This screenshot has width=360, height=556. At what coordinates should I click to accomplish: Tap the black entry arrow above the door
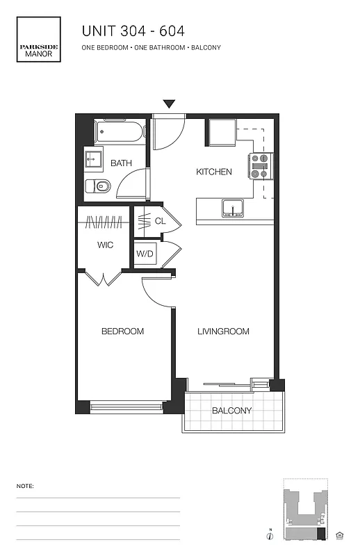pos(169,104)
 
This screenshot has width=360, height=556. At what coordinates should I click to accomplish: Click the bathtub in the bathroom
pos(120,131)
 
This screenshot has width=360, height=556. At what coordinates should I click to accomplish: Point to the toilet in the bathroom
pos(99,186)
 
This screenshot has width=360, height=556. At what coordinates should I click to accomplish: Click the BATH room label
pos(121,164)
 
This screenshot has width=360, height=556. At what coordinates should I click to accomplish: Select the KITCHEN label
pos(213,172)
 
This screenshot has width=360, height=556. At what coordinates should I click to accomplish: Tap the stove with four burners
pos(259,167)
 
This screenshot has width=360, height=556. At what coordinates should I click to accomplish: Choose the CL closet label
pos(160,221)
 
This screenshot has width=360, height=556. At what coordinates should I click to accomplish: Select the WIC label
pos(105,245)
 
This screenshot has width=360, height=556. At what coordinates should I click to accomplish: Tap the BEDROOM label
pos(122,332)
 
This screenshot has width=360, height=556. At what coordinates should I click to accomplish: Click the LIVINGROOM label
pos(222,332)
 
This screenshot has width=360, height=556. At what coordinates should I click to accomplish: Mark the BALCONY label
pos(231,411)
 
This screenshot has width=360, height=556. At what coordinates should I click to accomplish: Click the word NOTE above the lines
pos(24,486)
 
